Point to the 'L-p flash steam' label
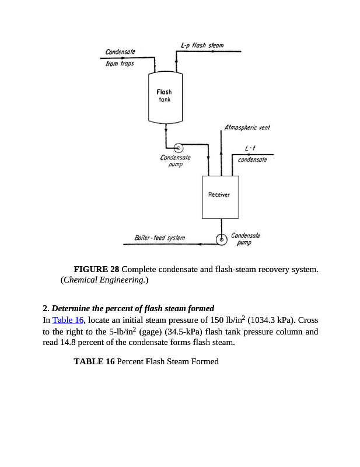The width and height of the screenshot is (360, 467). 202,46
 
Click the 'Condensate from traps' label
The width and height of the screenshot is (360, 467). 120,57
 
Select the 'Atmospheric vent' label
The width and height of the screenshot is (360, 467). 247,127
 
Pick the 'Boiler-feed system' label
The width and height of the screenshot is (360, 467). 159,238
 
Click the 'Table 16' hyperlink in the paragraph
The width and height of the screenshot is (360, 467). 68,320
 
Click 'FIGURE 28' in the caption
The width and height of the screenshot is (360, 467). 96,269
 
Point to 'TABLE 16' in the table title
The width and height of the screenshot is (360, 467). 94,362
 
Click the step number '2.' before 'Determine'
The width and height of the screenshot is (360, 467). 46,308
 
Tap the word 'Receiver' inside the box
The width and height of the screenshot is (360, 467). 219,194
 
